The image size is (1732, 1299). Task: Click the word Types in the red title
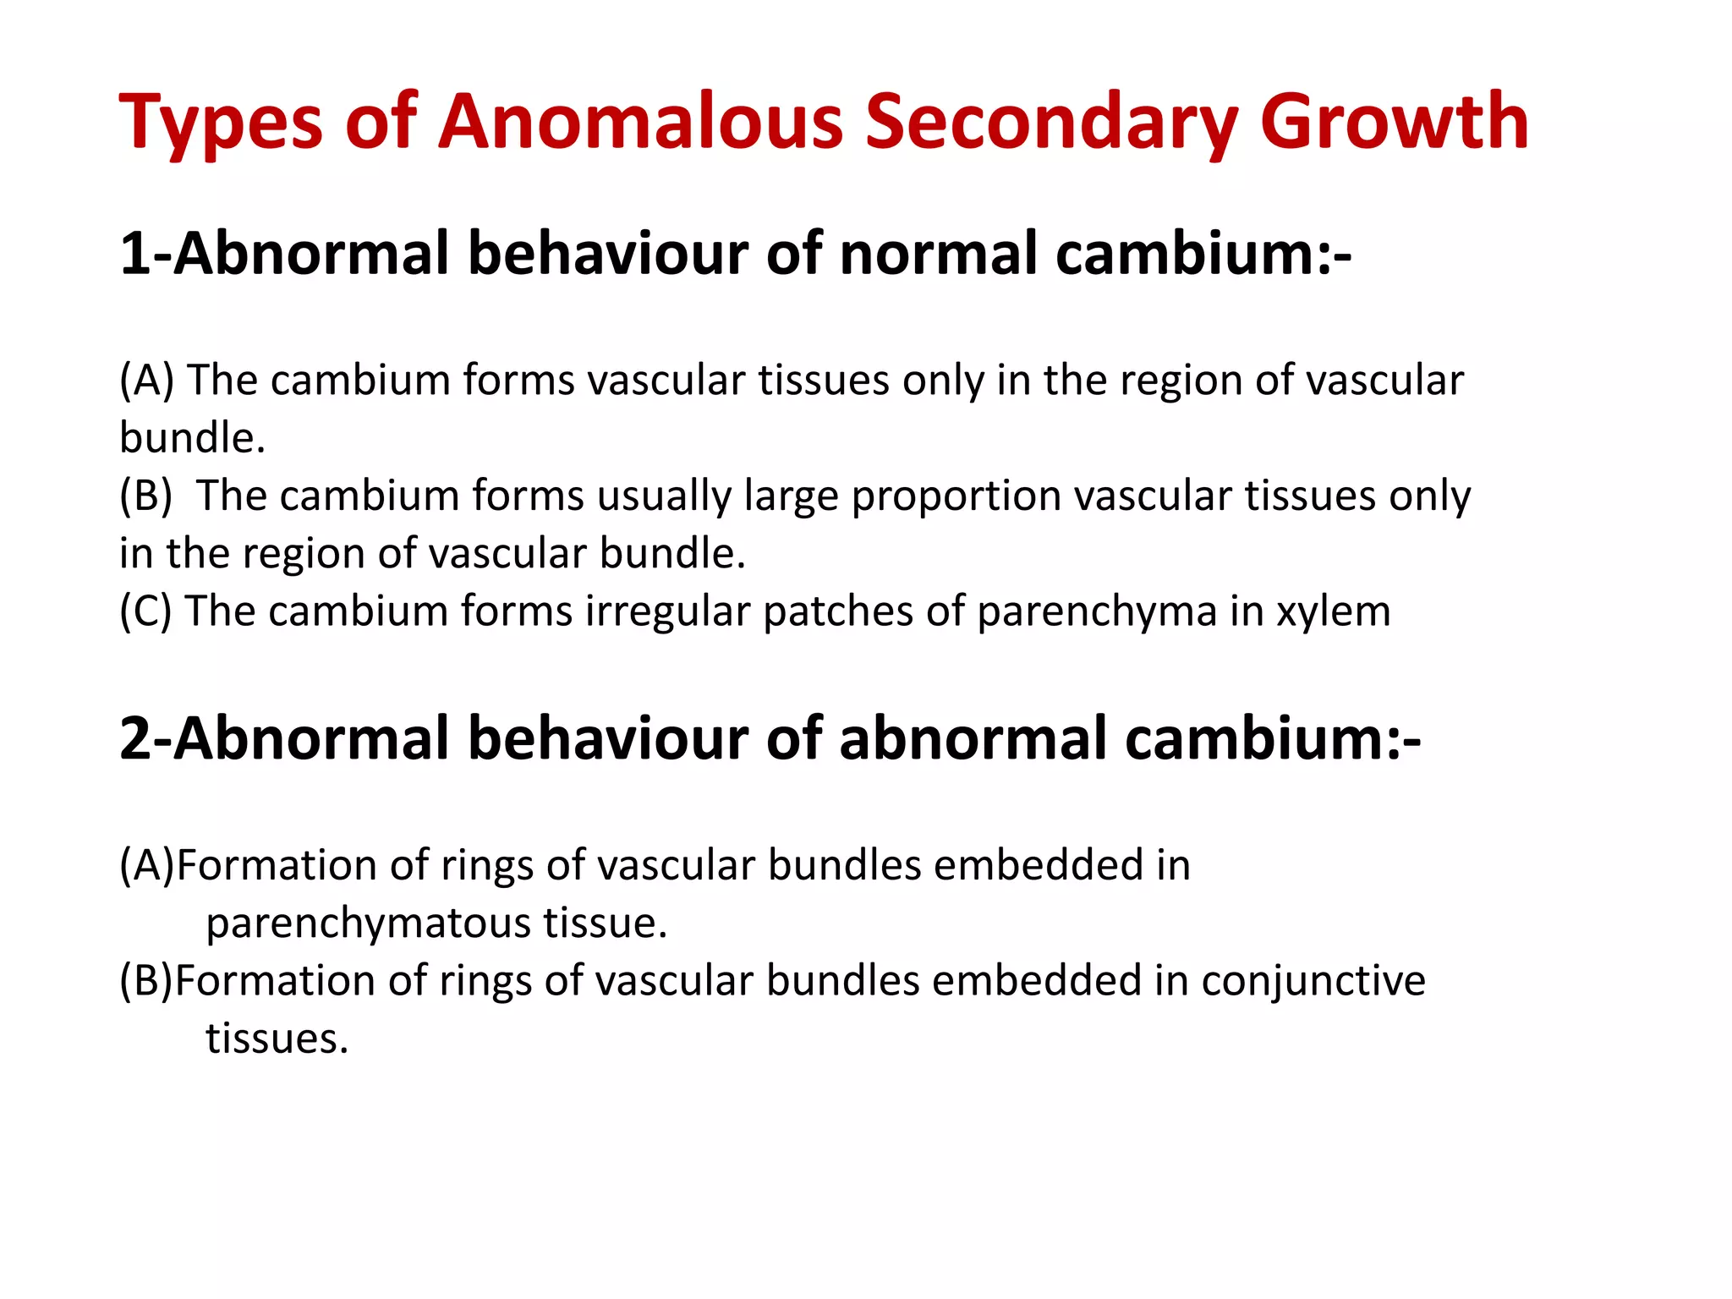point(220,124)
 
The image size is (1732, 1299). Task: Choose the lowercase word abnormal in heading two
point(973,738)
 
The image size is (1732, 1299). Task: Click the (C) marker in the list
point(145,611)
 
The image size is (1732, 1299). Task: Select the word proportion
point(956,496)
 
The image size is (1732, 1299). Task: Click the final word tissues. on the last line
point(277,1039)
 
